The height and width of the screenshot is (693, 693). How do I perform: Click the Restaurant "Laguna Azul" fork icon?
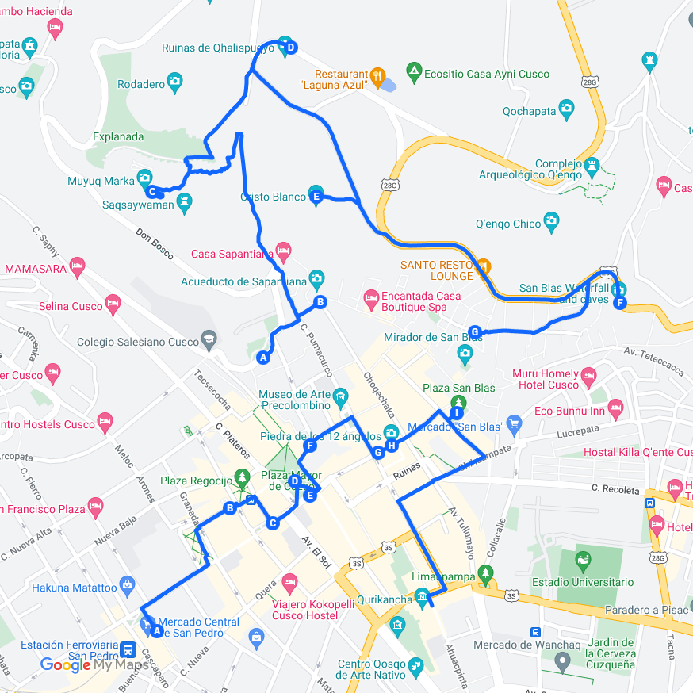(377, 76)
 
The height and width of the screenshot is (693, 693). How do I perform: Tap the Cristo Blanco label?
(273, 197)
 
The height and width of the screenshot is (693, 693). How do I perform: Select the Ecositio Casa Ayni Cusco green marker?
(413, 74)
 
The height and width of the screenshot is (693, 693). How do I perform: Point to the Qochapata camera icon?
(566, 107)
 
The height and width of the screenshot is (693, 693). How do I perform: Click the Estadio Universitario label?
(595, 582)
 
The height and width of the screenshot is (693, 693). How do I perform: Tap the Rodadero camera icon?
(174, 81)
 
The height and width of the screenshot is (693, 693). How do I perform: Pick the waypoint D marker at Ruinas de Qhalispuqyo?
(291, 48)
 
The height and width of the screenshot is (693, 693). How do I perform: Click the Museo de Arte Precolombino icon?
(340, 396)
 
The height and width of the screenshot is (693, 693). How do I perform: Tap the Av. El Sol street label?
(315, 552)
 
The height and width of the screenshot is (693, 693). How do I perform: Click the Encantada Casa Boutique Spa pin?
(370, 298)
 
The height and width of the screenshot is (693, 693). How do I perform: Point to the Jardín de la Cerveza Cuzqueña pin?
(563, 660)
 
